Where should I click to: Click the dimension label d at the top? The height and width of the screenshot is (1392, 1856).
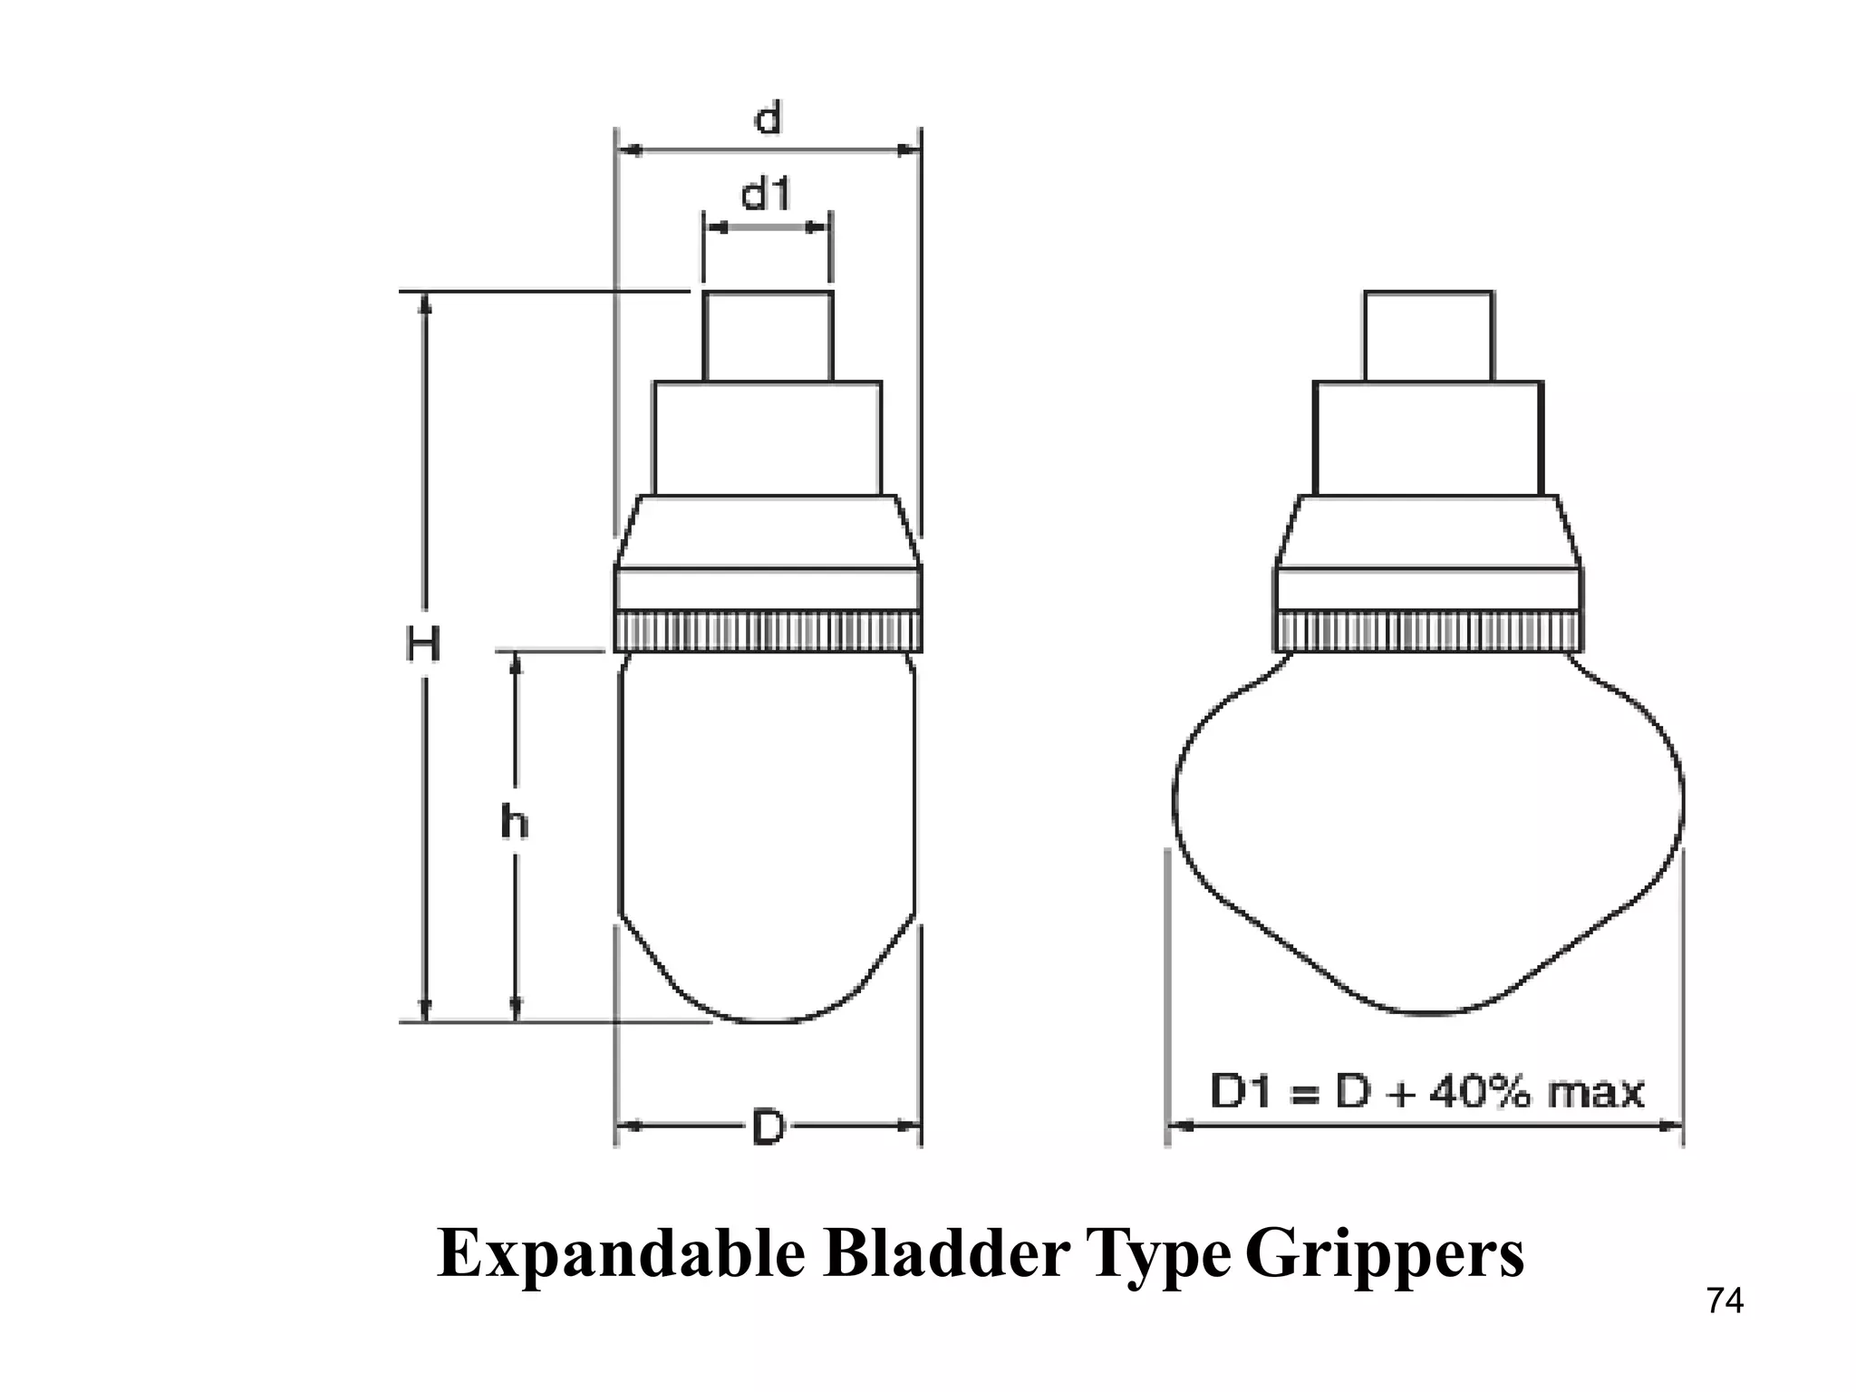768,118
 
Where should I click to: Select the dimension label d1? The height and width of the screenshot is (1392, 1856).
767,194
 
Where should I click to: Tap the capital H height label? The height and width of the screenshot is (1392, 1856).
423,645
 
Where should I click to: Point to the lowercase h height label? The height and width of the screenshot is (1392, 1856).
515,823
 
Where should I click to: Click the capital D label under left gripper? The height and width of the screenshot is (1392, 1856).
768,1128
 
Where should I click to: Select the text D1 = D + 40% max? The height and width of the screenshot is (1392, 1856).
1426,1092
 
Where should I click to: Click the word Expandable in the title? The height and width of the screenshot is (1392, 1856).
621,1255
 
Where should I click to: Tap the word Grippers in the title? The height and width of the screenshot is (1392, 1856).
1385,1255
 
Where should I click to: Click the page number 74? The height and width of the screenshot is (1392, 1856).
1725,1301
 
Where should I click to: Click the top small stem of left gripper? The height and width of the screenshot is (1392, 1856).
768,335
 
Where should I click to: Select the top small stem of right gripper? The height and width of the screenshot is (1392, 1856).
1428,335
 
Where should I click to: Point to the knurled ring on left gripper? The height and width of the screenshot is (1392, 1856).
768,632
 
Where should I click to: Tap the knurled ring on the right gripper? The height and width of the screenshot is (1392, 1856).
1428,632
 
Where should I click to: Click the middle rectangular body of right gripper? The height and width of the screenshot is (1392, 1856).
1428,438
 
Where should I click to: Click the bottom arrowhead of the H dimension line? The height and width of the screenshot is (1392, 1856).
424,1011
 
